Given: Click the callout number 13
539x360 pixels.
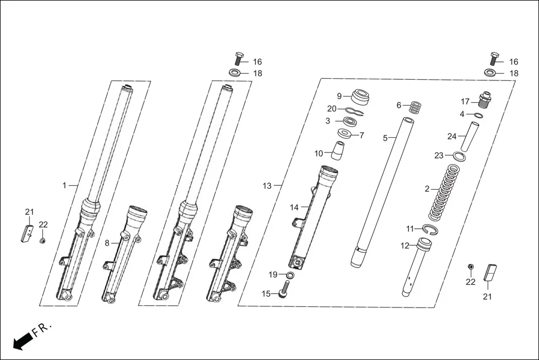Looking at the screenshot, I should coord(267,185).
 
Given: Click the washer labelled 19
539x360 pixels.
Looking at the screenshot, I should coord(290,275).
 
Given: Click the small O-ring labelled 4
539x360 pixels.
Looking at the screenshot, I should coord(479,116).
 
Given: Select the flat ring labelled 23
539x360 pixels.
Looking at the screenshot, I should coord(457,156).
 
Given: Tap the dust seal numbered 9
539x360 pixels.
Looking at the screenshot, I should coord(361,97).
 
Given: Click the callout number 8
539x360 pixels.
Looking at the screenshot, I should coord(107,243).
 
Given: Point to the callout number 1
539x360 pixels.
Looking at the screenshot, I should coord(65,185).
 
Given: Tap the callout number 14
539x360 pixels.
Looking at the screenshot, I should coord(294,207).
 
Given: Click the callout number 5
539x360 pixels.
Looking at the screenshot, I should coord(385,137).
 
